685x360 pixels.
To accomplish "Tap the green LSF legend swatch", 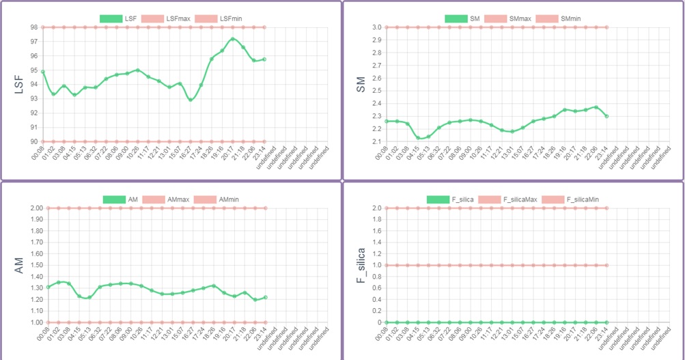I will coord(111,18).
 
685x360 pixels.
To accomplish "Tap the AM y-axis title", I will coord(19,265).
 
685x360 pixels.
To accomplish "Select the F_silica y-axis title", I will coord(361,265).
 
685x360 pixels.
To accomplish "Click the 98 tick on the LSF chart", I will coord(33,27).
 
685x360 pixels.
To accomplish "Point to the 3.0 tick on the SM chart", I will coord(376,27).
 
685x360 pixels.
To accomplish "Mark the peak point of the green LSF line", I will coord(233,39).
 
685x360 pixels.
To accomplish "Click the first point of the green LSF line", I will coord(43,72).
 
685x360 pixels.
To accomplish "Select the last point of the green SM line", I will coord(606,116).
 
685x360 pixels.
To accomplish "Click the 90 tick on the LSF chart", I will coord(33,141).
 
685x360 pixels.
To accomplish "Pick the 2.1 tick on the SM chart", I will coord(376,141).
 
